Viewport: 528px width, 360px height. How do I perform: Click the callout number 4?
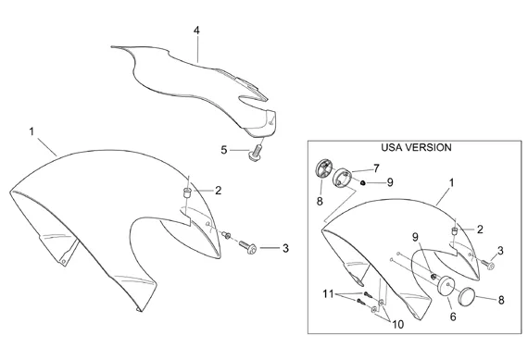pyautogui.click(x=196, y=31)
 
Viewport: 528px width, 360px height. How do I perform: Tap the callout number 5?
pyautogui.click(x=224, y=150)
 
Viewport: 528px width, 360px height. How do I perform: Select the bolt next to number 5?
pyautogui.click(x=256, y=153)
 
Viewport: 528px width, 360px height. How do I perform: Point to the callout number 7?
pyautogui.click(x=376, y=168)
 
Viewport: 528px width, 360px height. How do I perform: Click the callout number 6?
pyautogui.click(x=453, y=317)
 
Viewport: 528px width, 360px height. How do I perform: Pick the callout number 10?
pyautogui.click(x=398, y=324)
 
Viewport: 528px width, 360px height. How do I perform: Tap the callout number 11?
pyautogui.click(x=328, y=293)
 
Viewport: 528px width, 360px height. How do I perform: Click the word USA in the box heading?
pyautogui.click(x=391, y=147)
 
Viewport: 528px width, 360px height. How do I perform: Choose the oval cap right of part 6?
pyautogui.click(x=467, y=294)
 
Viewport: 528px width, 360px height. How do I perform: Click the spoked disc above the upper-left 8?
pyautogui.click(x=324, y=168)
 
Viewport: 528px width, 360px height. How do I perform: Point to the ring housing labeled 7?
pyautogui.click(x=342, y=177)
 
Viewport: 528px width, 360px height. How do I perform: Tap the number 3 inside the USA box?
pyautogui.click(x=500, y=251)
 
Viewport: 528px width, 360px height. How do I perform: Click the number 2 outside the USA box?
pyautogui.click(x=219, y=191)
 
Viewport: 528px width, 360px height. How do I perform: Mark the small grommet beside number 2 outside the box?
pyautogui.click(x=187, y=193)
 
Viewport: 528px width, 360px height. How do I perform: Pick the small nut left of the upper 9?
pyautogui.click(x=363, y=182)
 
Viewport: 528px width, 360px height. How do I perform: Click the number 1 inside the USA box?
pyautogui.click(x=451, y=182)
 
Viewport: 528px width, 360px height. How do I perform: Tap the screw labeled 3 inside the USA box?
pyautogui.click(x=488, y=264)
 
